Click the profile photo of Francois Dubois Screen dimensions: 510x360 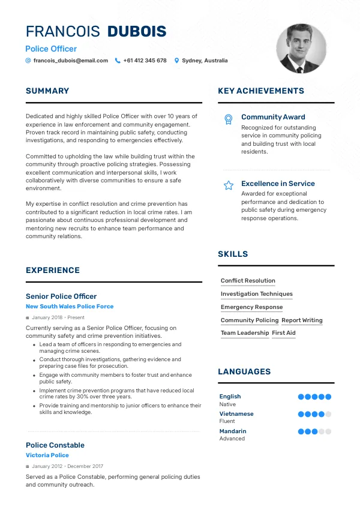tap(301, 49)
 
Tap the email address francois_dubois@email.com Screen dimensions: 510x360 tap(70, 61)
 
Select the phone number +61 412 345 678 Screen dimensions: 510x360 tap(145, 61)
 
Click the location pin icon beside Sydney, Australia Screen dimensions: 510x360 tap(177, 61)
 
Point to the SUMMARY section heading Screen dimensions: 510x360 tap(47, 91)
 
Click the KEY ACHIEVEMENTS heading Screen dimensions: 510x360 tap(261, 91)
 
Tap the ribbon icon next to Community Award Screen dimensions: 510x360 tap(228, 119)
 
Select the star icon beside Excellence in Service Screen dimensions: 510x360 tap(228, 185)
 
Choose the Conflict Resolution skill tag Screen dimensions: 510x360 tap(248, 281)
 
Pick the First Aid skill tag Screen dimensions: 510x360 tap(284, 333)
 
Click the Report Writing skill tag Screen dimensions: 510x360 tap(302, 320)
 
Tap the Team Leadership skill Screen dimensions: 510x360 tap(245, 333)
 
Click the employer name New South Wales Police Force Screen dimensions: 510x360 tap(70, 307)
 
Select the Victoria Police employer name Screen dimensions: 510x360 tap(47, 455)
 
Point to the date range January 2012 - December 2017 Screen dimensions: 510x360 tap(67, 466)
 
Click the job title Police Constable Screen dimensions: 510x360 tap(55, 445)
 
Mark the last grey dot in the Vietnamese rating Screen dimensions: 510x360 tap(328, 414)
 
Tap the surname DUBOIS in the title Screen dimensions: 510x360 tap(137, 32)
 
